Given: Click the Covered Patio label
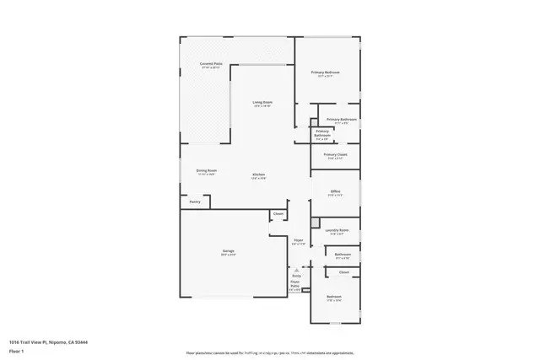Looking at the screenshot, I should pyautogui.click(x=211, y=64).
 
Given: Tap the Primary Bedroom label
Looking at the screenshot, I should pyautogui.click(x=327, y=73).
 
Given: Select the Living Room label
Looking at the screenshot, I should pyautogui.click(x=262, y=103).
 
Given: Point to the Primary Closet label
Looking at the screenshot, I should pyautogui.click(x=336, y=154).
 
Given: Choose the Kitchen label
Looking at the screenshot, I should pyautogui.click(x=258, y=175).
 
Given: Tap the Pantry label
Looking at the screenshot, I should pyautogui.click(x=195, y=201).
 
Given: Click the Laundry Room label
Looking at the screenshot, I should pyautogui.click(x=337, y=229).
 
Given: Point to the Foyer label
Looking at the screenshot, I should pyautogui.click(x=299, y=241).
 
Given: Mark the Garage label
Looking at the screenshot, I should pyautogui.click(x=228, y=251).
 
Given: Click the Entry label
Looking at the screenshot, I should pyautogui.click(x=296, y=276).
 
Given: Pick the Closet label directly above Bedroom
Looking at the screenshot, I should pyautogui.click(x=343, y=271).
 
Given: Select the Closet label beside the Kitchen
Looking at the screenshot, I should pyautogui.click(x=278, y=213).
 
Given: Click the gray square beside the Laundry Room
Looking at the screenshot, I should pyautogui.click(x=316, y=223).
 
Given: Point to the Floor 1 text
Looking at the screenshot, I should pyautogui.click(x=15, y=351).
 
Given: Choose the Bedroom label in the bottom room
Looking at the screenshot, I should pyautogui.click(x=334, y=296).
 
